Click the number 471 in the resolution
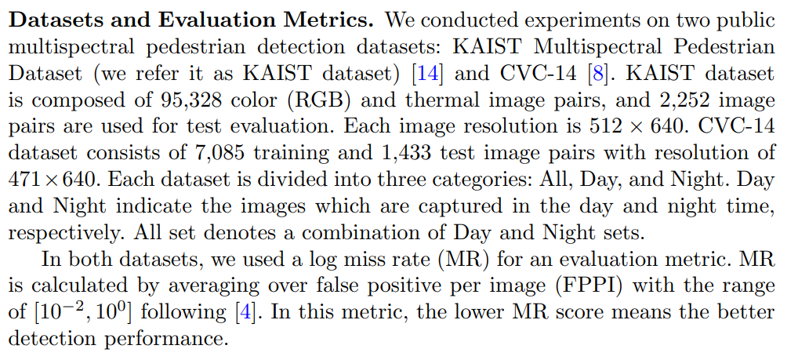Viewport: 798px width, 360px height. (25, 180)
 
